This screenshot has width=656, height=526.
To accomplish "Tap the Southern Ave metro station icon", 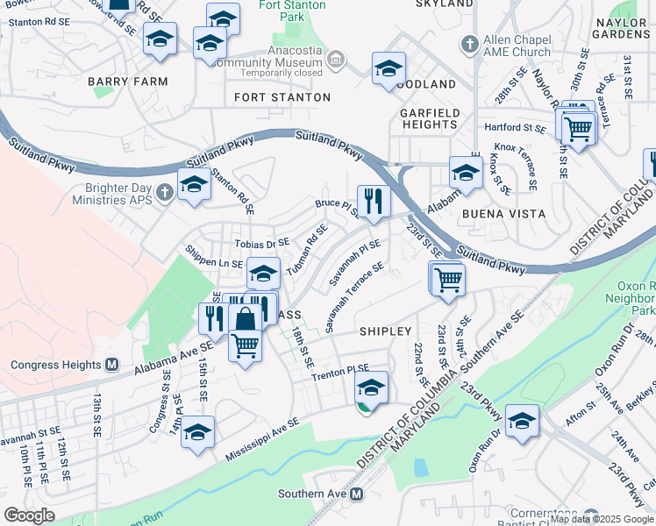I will click(357, 494).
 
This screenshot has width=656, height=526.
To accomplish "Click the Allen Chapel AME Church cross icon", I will click(470, 43).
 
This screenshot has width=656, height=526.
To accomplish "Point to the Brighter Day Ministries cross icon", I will click(163, 192).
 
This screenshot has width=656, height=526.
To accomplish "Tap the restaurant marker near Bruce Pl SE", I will click(374, 201).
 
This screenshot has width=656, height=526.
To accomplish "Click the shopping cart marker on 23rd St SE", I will click(448, 279).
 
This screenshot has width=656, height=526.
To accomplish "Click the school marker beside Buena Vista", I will click(466, 172).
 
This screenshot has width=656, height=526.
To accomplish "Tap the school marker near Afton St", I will click(522, 420).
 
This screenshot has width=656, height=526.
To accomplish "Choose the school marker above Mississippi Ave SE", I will click(197, 431).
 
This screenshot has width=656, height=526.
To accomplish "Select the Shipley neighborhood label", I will click(385, 331).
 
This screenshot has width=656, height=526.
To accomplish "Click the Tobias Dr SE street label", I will click(261, 243).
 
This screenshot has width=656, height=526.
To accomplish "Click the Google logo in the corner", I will click(29, 515).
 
